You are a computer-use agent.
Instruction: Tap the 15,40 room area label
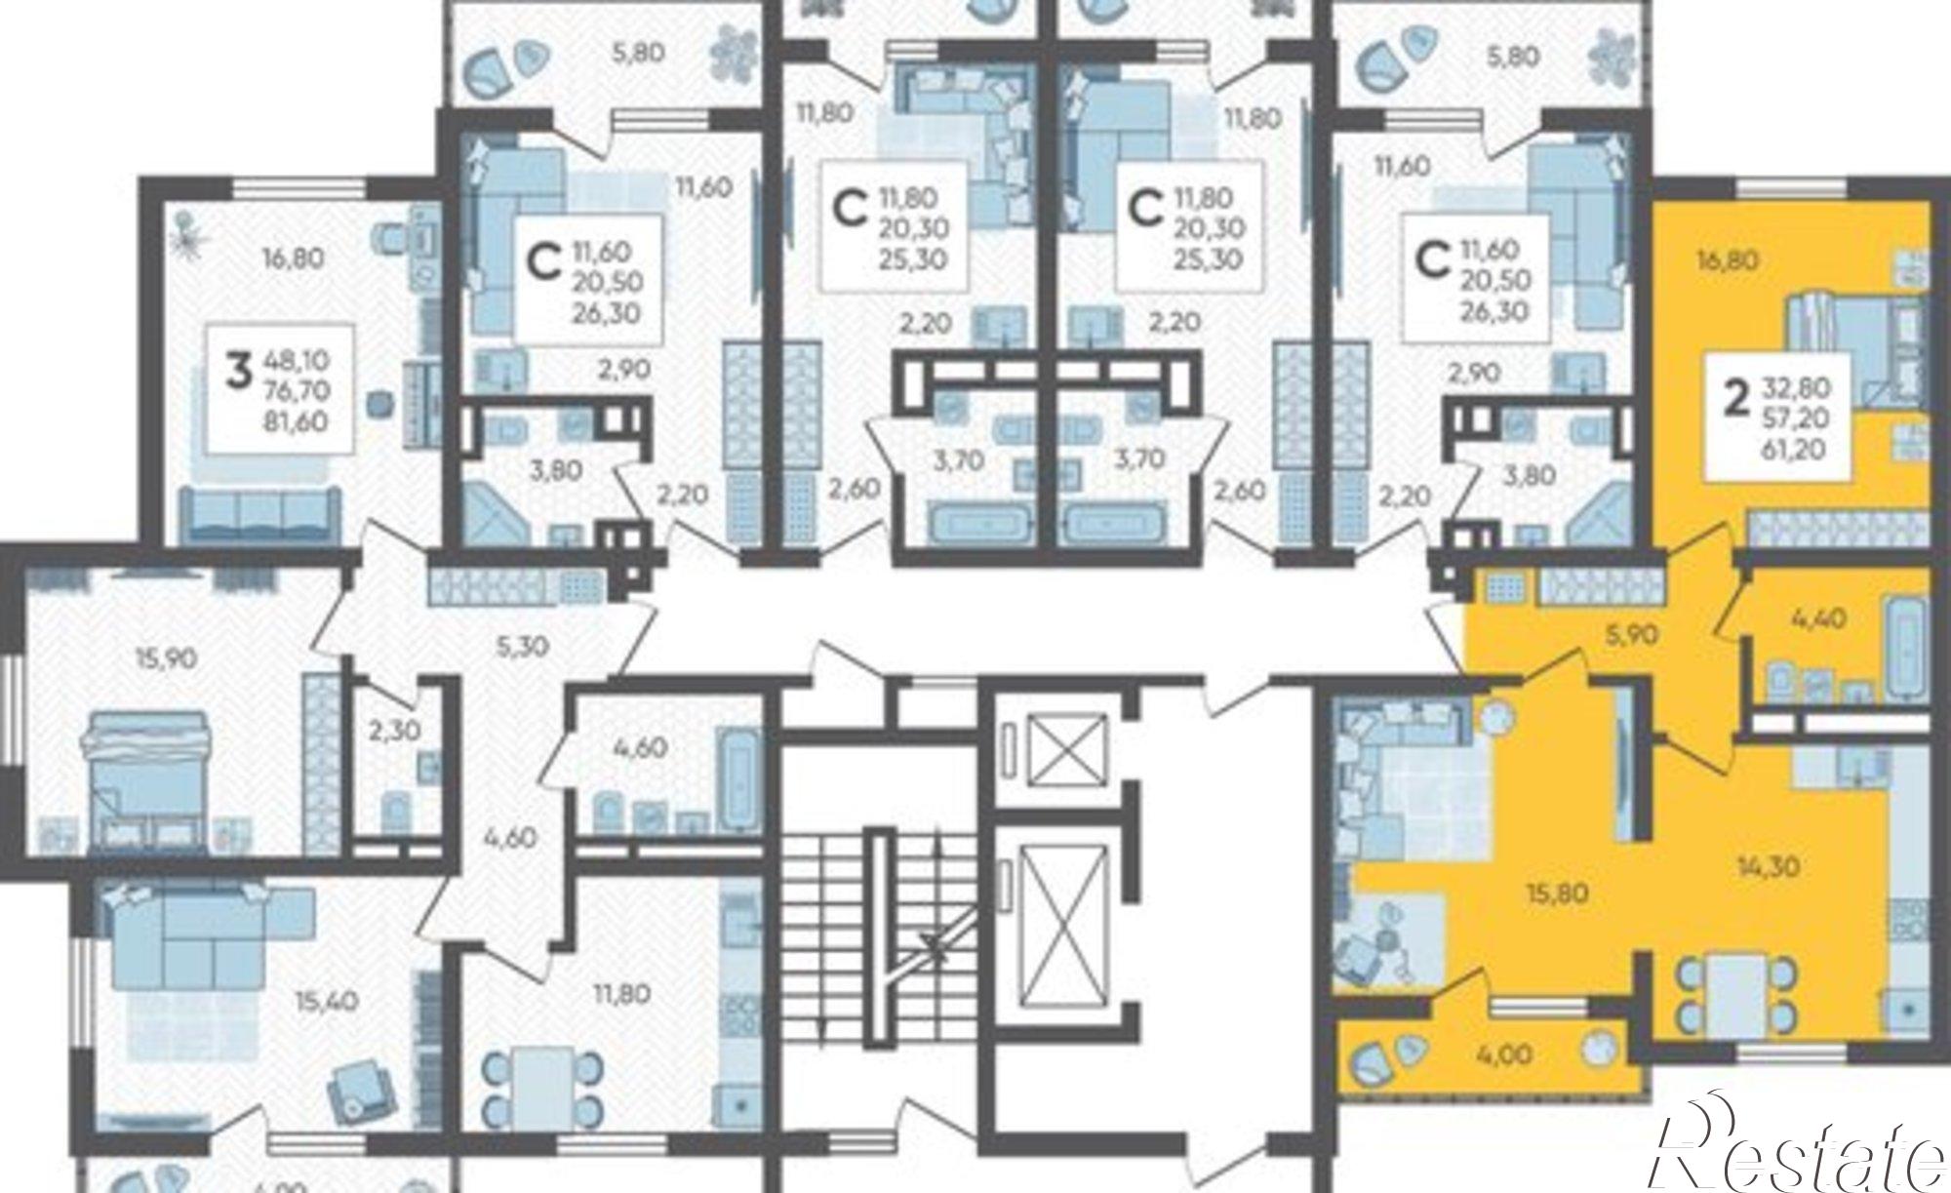coord(327,1001)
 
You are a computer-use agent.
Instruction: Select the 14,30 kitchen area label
coord(1768,865)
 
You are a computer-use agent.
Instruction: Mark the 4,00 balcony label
coord(1504,1054)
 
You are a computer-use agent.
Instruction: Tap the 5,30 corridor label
coord(523,646)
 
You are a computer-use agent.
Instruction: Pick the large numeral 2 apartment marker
coord(1733,400)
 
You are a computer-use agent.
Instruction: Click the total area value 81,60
coord(302,421)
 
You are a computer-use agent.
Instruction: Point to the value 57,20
coord(1796,418)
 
